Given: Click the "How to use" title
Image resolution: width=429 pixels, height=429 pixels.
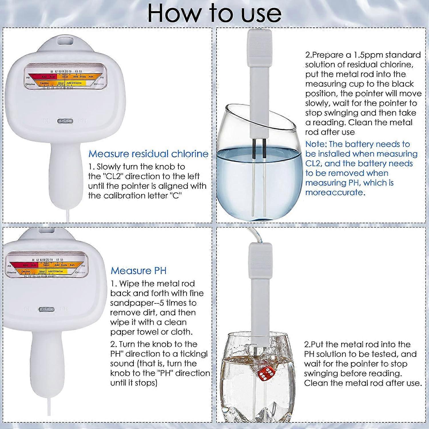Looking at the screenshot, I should [x=214, y=13].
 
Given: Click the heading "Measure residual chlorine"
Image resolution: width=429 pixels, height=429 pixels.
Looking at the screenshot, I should [x=148, y=154].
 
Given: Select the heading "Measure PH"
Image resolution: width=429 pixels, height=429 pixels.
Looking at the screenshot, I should [x=138, y=271].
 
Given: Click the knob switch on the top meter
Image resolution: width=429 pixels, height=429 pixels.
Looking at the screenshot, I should [x=65, y=121].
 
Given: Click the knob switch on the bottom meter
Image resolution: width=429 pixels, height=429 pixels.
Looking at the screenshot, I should [x=46, y=309].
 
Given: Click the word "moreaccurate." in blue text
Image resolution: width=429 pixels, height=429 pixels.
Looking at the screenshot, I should [x=335, y=192].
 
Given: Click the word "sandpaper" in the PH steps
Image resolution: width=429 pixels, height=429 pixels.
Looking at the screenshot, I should [x=130, y=303].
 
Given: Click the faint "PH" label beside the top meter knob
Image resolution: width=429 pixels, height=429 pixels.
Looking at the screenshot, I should [x=83, y=121].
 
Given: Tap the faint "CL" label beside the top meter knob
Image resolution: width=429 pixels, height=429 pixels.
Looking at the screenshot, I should [x=47, y=121].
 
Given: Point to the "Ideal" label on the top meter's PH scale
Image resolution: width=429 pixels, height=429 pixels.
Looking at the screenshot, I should [x=65, y=77].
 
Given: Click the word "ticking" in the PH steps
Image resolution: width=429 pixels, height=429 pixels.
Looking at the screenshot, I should [x=192, y=354].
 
